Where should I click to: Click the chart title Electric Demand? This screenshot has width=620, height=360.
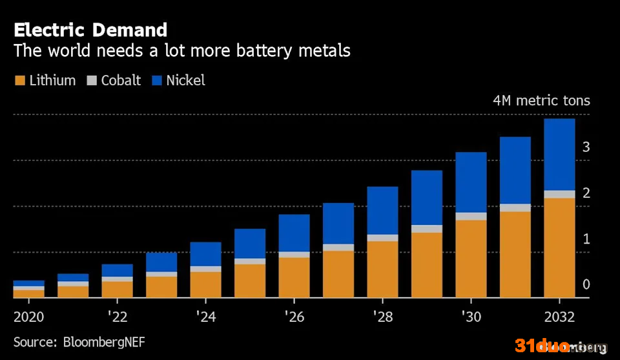pyautogui.click(x=90, y=30)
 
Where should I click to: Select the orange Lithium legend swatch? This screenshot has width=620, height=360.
pyautogui.click(x=19, y=81)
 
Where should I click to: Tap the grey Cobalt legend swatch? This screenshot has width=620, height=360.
pyautogui.click(x=92, y=81)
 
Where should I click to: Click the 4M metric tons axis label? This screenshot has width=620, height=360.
pyautogui.click(x=541, y=101)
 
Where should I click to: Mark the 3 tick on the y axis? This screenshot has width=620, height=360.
pyautogui.click(x=586, y=147)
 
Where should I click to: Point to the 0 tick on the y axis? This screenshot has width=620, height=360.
pyautogui.click(x=586, y=285)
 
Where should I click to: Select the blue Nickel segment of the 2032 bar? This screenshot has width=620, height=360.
pyautogui.click(x=559, y=154)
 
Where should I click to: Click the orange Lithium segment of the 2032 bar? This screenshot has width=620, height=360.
pyautogui.click(x=559, y=248)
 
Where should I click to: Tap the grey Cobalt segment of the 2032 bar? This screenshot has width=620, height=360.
pyautogui.click(x=559, y=195)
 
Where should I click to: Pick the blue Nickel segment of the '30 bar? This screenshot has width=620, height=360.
pyautogui.click(x=471, y=182)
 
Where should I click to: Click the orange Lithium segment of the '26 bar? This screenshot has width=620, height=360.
pyautogui.click(x=294, y=277)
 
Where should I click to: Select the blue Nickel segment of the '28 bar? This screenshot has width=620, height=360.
pyautogui.click(x=382, y=211)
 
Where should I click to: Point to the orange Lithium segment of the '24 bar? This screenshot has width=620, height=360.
pyautogui.click(x=205, y=284)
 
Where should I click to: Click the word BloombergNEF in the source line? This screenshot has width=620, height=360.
pyautogui.click(x=104, y=342)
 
